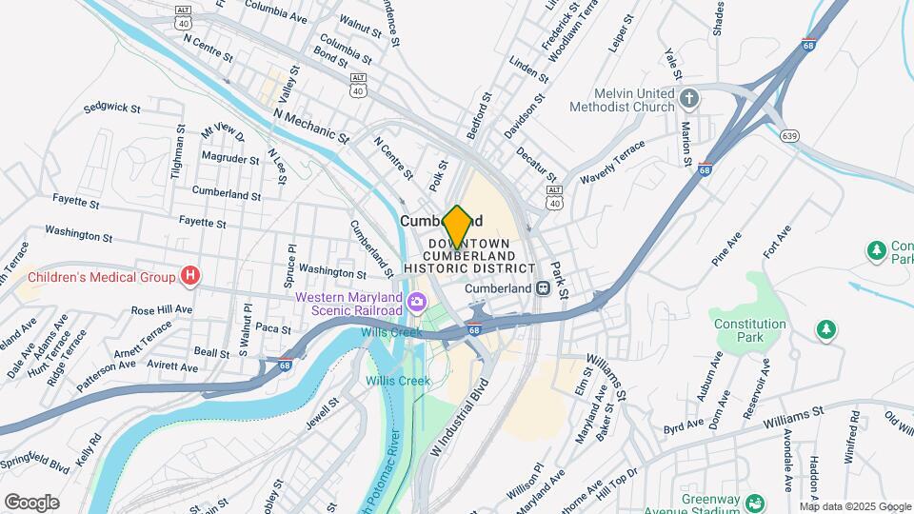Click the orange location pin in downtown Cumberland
point(457,227)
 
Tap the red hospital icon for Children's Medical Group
point(191,277)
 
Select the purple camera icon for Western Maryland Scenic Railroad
point(415,304)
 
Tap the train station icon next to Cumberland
point(542,288)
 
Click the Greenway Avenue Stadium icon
point(755,502)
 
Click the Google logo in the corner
point(31,502)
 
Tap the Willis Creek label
point(398,381)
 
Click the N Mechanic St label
point(308,126)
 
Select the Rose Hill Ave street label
point(161,310)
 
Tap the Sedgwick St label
point(112,108)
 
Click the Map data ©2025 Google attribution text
point(854,505)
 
